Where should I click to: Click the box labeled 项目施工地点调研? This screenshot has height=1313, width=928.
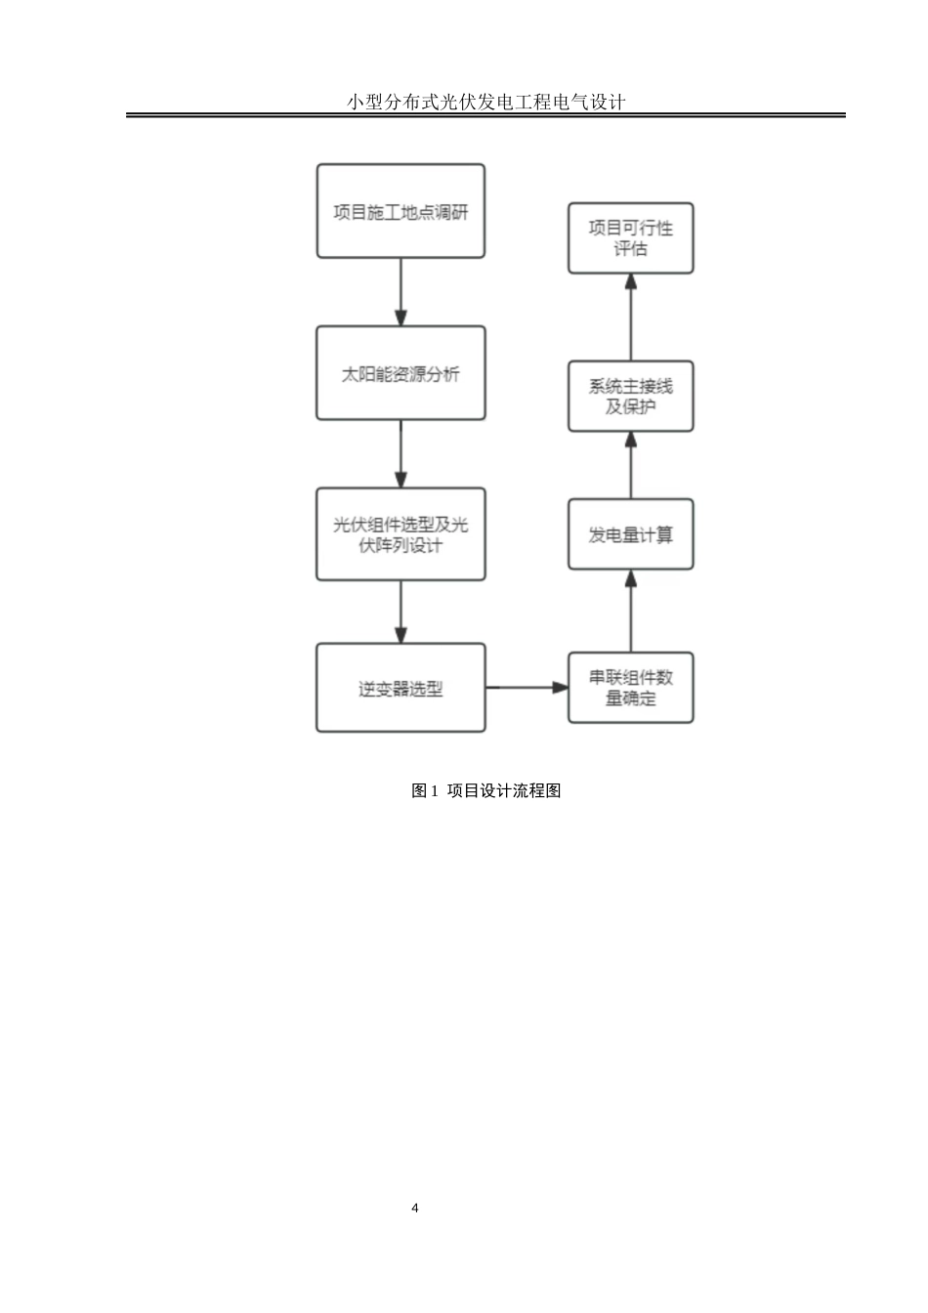[x=401, y=211]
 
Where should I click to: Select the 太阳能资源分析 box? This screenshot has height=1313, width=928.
[x=401, y=373]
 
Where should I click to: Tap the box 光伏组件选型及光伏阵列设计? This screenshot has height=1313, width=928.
[x=401, y=534]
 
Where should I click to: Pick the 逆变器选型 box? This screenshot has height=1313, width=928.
[x=401, y=688]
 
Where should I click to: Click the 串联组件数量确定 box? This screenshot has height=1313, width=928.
[x=630, y=688]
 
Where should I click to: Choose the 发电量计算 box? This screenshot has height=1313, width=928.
[x=630, y=534]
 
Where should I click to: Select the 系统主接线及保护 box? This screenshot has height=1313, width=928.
[x=630, y=396]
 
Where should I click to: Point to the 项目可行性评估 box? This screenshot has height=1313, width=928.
[x=630, y=238]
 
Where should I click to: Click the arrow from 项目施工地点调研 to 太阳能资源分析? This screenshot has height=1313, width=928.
[x=401, y=292]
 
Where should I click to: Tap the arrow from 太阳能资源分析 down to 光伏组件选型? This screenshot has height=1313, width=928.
[x=401, y=454]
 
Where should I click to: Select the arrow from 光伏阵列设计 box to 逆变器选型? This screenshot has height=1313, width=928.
[x=401, y=613]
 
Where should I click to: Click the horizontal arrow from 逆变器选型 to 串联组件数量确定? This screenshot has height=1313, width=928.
[x=527, y=688]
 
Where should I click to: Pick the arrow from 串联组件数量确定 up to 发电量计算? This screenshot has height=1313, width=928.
[x=630, y=611]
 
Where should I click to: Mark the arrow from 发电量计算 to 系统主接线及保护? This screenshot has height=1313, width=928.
[x=630, y=465]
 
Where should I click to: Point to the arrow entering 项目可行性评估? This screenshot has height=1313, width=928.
[x=630, y=317]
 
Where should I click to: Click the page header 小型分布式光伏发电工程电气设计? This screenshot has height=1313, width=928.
[x=485, y=102]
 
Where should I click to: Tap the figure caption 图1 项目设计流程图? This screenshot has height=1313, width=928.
[x=485, y=790]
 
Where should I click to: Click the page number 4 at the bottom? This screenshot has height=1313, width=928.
[x=415, y=1208]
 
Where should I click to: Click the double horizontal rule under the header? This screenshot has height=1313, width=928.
[x=485, y=115]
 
